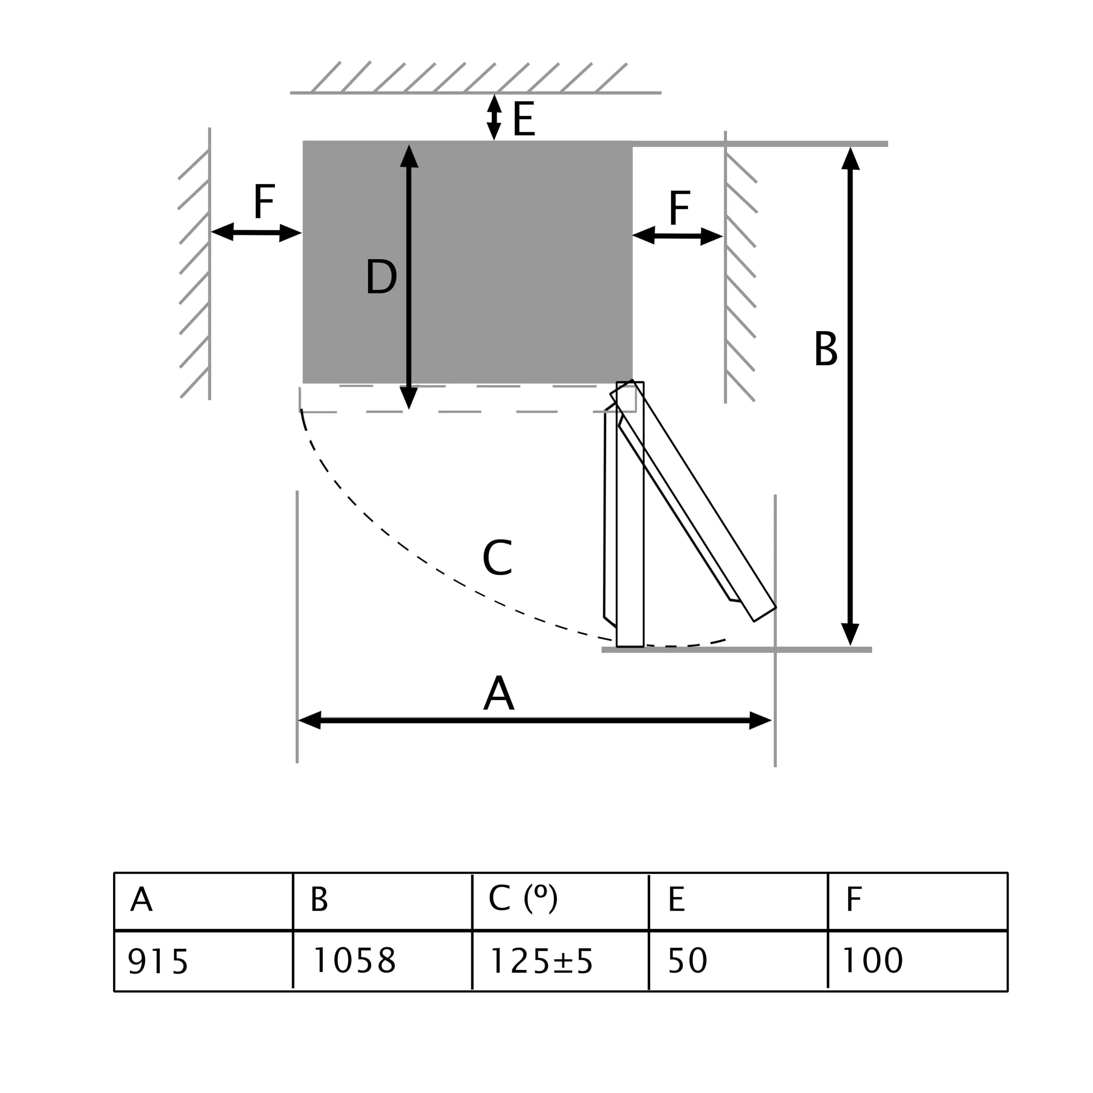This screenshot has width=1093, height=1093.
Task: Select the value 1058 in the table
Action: (x=354, y=960)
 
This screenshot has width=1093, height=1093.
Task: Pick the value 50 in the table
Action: (x=687, y=960)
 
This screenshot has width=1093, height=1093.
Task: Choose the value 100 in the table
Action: (x=872, y=960)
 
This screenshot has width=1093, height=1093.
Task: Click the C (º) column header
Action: (x=523, y=898)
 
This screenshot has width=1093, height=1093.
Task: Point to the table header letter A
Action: (x=141, y=900)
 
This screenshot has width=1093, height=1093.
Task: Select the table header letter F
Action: (x=854, y=900)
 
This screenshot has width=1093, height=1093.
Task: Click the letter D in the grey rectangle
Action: (x=381, y=277)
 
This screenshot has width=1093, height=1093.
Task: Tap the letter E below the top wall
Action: (x=524, y=119)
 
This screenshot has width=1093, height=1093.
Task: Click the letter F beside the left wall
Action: (x=264, y=202)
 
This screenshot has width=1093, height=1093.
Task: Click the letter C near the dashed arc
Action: (x=497, y=558)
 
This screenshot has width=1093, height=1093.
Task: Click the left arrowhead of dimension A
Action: (x=310, y=720)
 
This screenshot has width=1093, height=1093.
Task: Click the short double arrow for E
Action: (x=494, y=117)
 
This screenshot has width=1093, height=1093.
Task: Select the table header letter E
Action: (x=677, y=900)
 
